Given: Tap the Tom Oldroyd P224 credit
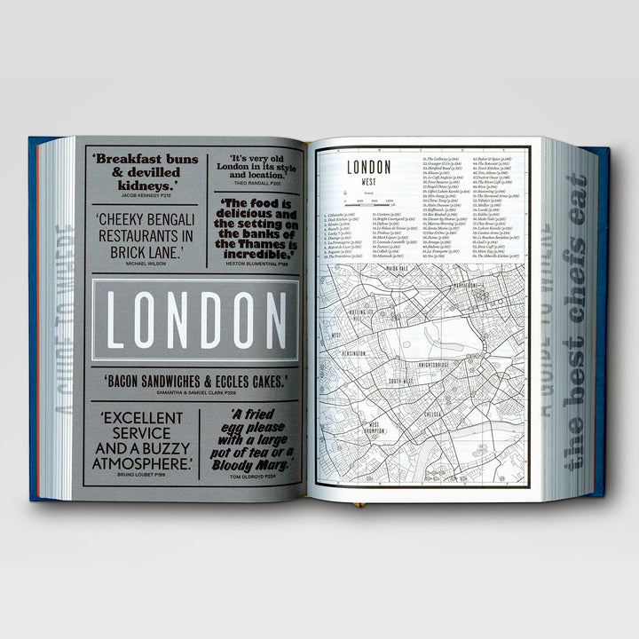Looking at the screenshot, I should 257,476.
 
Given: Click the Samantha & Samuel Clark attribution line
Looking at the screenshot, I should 196,392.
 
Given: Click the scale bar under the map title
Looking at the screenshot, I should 367,206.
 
